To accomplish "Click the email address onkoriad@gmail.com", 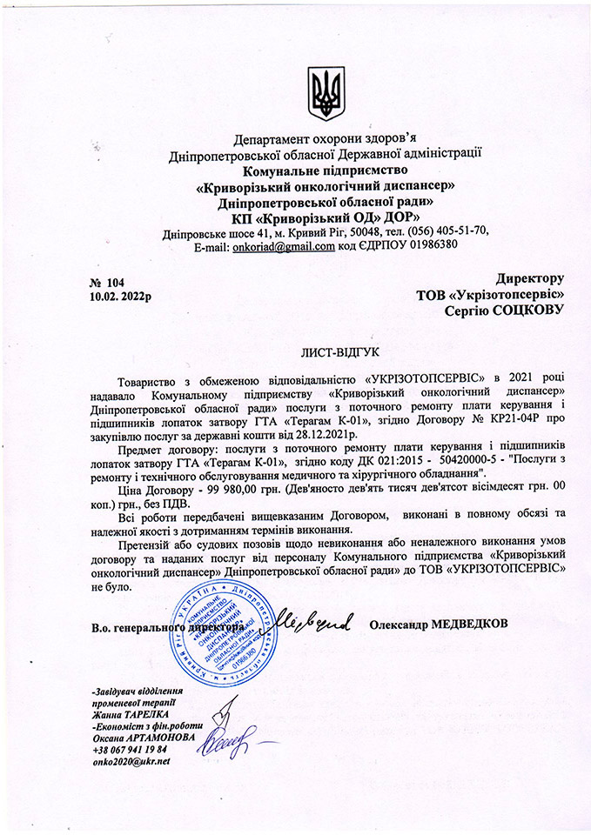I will pyautogui.click(x=283, y=246).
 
